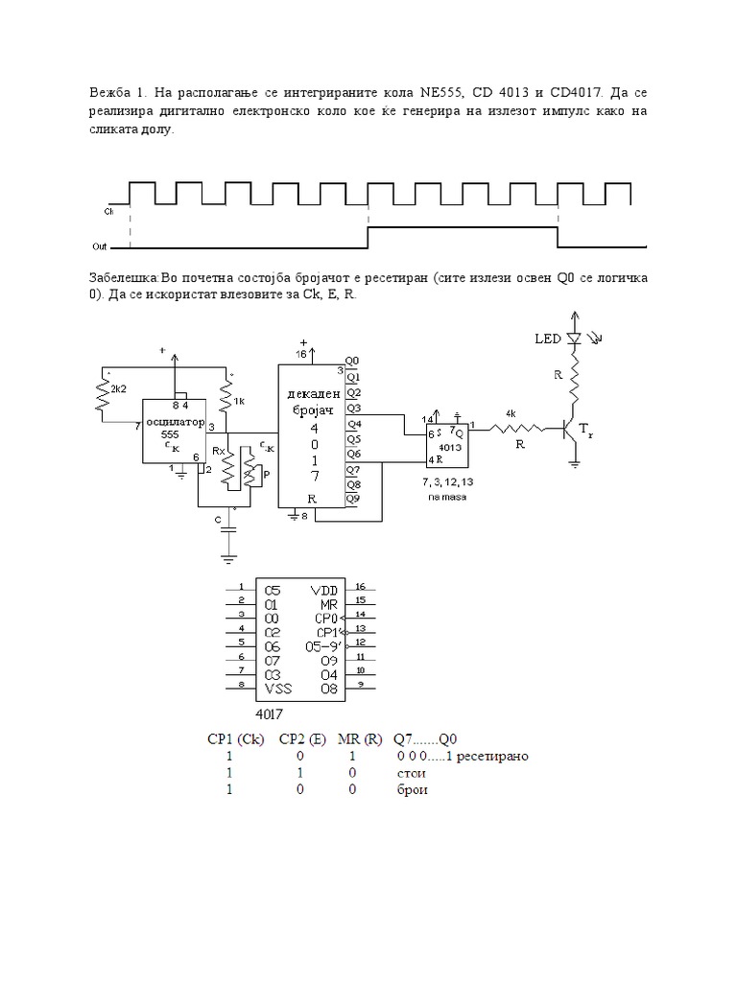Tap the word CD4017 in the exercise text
[572, 94]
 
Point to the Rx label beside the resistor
[218, 450]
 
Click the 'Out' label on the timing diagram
[112, 246]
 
